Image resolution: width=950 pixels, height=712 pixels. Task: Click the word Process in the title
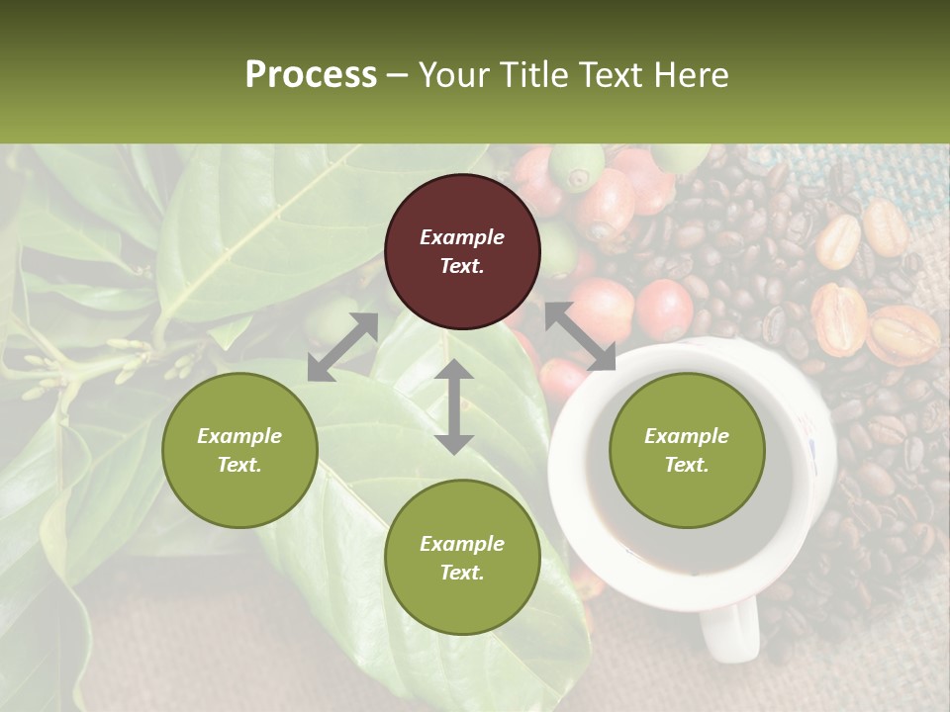point(311,75)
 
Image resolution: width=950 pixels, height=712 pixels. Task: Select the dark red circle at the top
point(462,252)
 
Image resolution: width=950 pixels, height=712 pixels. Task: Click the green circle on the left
point(239,450)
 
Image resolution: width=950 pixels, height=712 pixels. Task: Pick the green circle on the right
point(687,450)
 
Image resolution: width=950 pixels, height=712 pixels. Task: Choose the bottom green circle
point(462,558)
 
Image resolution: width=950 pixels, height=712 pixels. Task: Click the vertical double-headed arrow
point(454,406)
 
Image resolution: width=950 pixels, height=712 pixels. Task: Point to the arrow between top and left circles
point(342,347)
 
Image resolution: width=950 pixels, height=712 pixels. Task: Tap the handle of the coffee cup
point(729,628)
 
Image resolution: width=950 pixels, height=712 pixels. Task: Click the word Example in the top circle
point(462,237)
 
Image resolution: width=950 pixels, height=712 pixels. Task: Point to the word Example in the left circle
point(239,436)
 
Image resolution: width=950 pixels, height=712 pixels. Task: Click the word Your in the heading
point(456,75)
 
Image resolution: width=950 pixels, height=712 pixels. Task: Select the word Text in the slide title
point(613,75)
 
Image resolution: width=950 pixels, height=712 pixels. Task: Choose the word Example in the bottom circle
point(462,544)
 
